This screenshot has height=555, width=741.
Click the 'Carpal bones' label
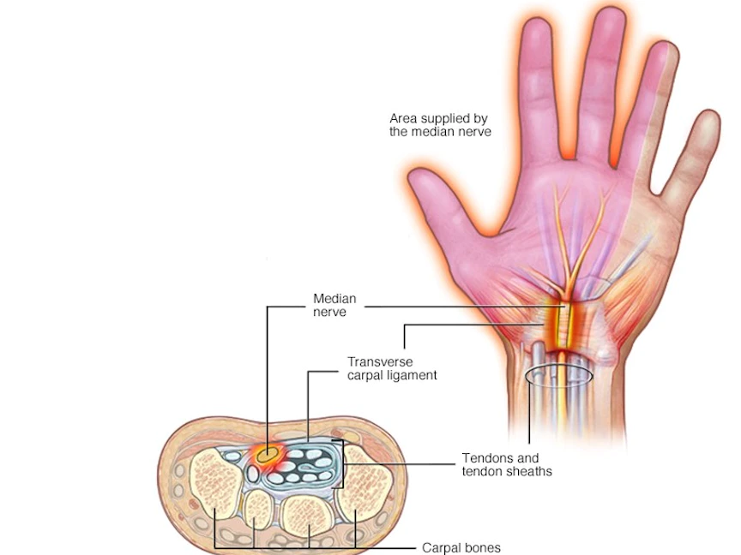coord(461,547)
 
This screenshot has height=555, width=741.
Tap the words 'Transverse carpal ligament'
coord(392,368)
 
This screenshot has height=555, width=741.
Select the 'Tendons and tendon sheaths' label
coord(507,464)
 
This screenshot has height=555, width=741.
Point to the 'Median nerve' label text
coord(334,306)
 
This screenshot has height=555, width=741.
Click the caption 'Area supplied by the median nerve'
coord(440,125)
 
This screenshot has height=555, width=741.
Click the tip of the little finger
coord(708,120)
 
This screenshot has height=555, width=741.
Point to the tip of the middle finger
coord(610,19)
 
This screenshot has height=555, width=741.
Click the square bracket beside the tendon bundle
coord(343,463)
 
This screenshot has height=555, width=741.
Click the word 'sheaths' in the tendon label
coord(529,471)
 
